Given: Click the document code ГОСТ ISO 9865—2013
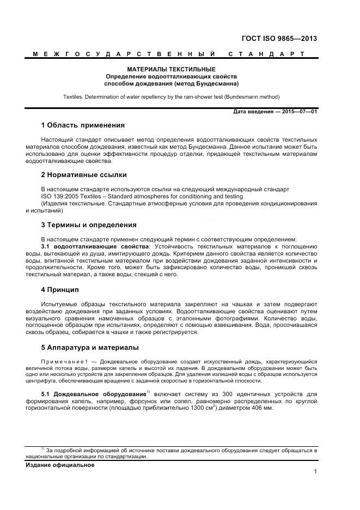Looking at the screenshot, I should tap(279, 39).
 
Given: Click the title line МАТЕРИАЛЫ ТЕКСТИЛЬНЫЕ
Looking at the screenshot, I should tap(171, 70).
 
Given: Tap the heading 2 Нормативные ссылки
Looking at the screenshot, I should tap(84, 175).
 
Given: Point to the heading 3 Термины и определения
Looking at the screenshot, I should tap(89, 224).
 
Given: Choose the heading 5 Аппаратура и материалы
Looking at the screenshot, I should tap(90, 347).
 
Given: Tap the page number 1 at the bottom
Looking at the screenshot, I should tap(315, 472).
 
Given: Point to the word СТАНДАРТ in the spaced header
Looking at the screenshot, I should tap(266, 54).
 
